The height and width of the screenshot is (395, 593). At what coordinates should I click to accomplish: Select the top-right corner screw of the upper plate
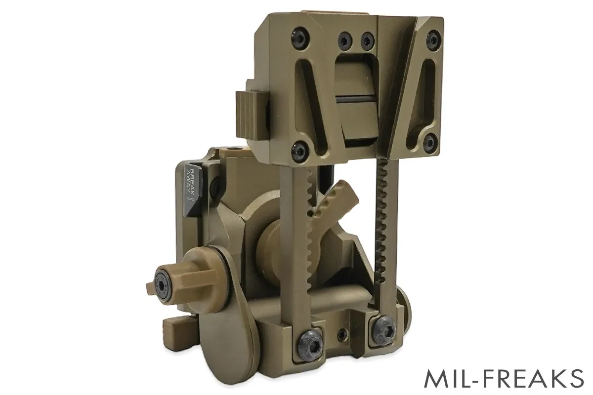[x=433, y=37]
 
